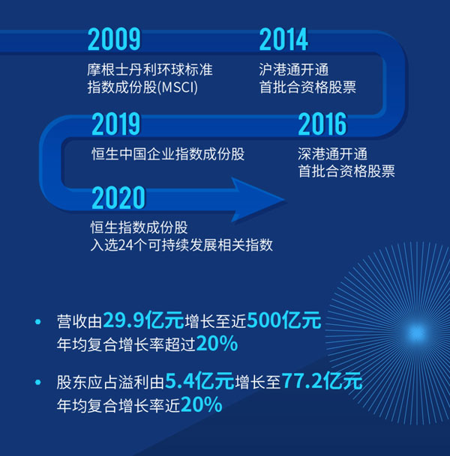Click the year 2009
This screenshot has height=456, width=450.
tap(114, 39)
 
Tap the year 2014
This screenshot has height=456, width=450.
tap(283, 39)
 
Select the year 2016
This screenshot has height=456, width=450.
tap(322, 124)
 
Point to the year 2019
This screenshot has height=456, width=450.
tap(116, 124)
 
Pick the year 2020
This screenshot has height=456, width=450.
tap(118, 198)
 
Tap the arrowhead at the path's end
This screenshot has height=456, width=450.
tap(258, 199)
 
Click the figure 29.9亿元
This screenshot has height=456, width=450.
tap(143, 320)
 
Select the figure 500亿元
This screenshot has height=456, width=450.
tap(284, 320)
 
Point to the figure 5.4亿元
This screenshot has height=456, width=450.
tap(199, 380)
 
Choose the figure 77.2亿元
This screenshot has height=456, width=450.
tap(322, 380)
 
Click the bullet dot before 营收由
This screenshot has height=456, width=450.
tap(37, 322)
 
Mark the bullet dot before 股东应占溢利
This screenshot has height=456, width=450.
tap(37, 382)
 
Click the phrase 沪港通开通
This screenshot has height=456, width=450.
tap(294, 70)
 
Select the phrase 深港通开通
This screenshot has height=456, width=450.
tap(332, 154)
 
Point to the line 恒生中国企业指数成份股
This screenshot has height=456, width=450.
tap(168, 154)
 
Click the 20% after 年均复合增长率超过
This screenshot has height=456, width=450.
tap(217, 344)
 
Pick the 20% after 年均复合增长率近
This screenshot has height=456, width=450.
tap(201, 404)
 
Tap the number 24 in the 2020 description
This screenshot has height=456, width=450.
tap(126, 245)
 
